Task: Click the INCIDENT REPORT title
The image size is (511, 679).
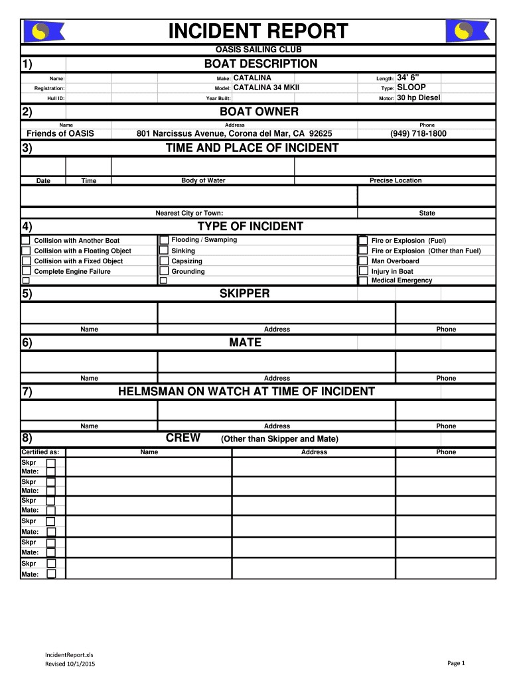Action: (x=258, y=31)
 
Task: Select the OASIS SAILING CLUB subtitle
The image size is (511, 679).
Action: (x=258, y=50)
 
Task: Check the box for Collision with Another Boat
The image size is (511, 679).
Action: (x=26, y=240)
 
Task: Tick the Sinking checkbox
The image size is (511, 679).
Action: (x=164, y=251)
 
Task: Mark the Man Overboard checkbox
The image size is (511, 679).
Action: (x=363, y=261)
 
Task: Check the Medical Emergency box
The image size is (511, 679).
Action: (x=363, y=280)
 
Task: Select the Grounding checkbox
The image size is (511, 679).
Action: (x=164, y=271)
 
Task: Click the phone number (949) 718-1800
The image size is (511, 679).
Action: (x=418, y=133)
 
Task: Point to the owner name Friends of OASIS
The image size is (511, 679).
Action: (x=60, y=133)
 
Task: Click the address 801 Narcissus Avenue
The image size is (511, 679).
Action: (x=234, y=133)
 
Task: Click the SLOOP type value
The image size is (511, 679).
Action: (x=411, y=88)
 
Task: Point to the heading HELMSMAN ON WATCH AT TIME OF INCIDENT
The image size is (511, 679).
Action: (x=246, y=391)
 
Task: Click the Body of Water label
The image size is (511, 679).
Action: (x=203, y=180)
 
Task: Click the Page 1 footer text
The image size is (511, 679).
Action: (x=457, y=663)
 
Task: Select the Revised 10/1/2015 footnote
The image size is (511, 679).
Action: (x=70, y=664)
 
